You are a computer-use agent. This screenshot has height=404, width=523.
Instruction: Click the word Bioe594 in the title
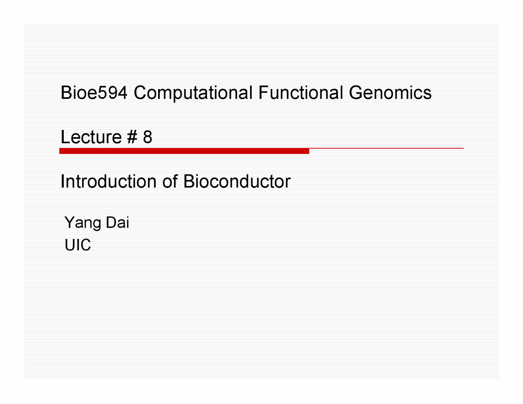pyautogui.click(x=94, y=93)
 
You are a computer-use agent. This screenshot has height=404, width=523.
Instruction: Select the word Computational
pyautogui.click(x=193, y=93)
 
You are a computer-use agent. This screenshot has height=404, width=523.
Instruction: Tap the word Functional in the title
pyautogui.click(x=300, y=93)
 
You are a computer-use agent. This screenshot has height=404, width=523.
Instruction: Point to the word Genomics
pyautogui.click(x=390, y=93)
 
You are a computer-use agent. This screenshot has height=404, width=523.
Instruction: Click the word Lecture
pyautogui.click(x=91, y=137)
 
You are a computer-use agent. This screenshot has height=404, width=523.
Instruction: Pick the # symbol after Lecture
pyautogui.click(x=132, y=137)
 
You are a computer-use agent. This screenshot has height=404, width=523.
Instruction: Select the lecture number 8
pyautogui.click(x=148, y=137)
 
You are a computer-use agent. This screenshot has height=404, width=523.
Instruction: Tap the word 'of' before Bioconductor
pyautogui.click(x=170, y=181)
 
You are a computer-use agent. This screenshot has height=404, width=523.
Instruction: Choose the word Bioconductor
pyautogui.click(x=237, y=181)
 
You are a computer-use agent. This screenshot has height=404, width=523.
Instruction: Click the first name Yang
pyautogui.click(x=83, y=223)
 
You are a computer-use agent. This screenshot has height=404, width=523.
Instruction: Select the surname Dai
pyautogui.click(x=117, y=222)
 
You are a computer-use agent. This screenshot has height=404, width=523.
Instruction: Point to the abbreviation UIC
pyautogui.click(x=78, y=245)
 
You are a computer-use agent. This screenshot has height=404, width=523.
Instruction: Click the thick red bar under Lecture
pyautogui.click(x=184, y=151)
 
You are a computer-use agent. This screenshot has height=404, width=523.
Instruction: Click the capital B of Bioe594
pyautogui.click(x=65, y=93)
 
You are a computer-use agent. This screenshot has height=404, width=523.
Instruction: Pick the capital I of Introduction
pyautogui.click(x=62, y=181)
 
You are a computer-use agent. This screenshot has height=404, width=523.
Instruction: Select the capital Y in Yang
pyautogui.click(x=69, y=222)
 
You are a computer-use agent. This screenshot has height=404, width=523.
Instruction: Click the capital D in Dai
pyautogui.click(x=110, y=222)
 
